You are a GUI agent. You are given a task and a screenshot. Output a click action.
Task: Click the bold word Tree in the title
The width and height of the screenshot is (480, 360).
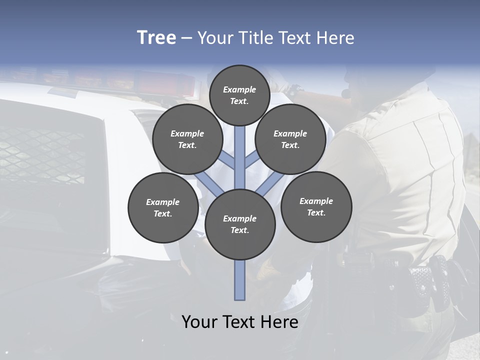(156, 37)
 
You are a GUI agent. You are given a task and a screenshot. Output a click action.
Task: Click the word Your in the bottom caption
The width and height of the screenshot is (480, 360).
(199, 322)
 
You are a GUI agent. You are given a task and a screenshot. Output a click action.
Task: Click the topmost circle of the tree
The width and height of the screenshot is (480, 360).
(239, 95)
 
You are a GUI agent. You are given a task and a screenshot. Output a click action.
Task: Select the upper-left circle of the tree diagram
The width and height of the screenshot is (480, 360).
(187, 139)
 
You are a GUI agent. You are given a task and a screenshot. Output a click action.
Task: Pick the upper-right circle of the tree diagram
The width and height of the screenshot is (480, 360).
(290, 139)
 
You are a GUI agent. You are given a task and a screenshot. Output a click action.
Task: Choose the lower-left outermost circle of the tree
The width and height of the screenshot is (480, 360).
(162, 207)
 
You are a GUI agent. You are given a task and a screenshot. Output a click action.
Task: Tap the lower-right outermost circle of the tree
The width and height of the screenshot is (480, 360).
(316, 206)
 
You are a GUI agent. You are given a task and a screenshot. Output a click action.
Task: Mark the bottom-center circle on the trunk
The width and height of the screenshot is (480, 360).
(240, 224)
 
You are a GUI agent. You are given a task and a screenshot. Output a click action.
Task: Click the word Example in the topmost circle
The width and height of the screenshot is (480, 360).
(239, 89)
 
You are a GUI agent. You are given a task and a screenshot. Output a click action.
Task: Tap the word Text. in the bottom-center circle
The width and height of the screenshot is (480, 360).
(239, 230)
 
